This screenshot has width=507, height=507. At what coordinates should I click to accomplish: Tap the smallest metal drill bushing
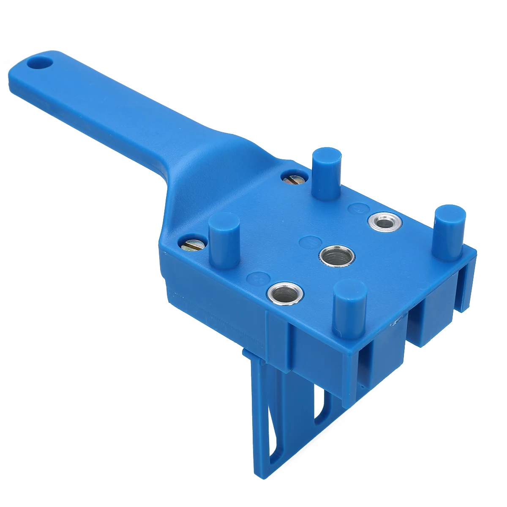(383, 221)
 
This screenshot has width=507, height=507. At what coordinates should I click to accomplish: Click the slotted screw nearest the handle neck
(292, 179)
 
